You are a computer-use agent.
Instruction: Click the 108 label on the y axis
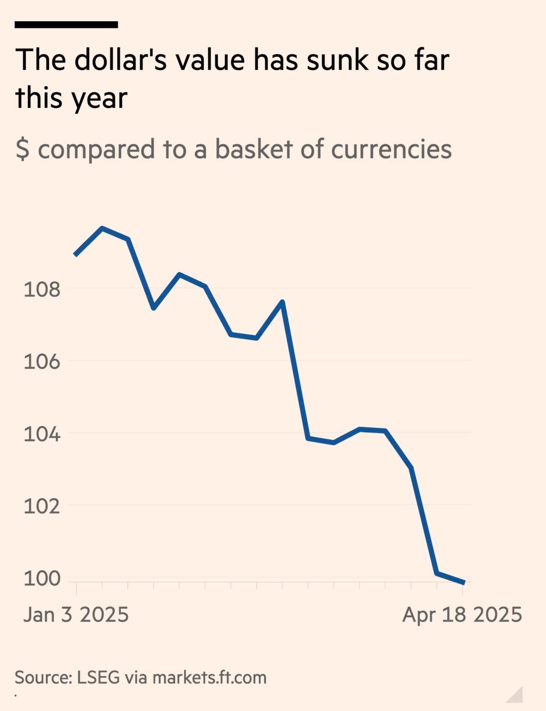(x=41, y=289)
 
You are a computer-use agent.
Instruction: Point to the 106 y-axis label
(x=41, y=362)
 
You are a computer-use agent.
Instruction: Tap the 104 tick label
(x=41, y=434)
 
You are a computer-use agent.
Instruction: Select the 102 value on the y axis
(x=41, y=506)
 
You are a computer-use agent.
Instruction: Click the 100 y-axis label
(x=41, y=578)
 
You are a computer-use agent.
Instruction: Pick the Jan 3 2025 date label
(x=76, y=615)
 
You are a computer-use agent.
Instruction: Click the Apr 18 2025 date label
(x=462, y=615)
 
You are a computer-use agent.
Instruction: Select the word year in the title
(x=99, y=99)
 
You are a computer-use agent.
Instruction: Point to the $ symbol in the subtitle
(x=22, y=150)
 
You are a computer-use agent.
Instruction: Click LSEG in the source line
(x=98, y=678)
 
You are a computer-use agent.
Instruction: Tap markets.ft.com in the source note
(x=209, y=678)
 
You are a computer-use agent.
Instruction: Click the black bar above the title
(x=66, y=24)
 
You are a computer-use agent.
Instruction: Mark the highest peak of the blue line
(x=103, y=229)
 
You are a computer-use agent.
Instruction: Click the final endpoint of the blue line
(x=464, y=583)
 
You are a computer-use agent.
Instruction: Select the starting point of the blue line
(x=75, y=255)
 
